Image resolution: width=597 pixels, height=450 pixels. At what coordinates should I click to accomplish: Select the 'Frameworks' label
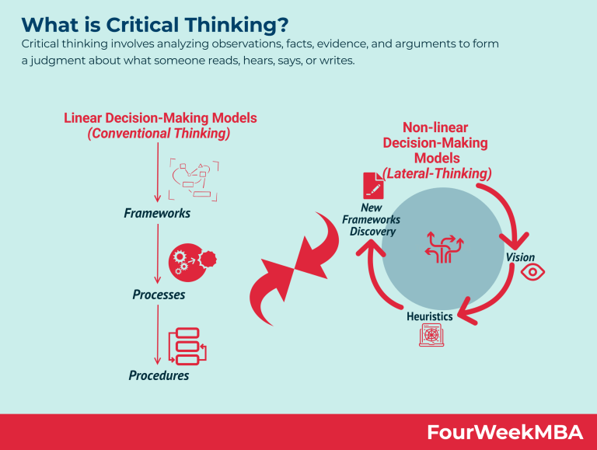coord(157,212)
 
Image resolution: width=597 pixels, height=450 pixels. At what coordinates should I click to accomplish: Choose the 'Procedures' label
coord(158,375)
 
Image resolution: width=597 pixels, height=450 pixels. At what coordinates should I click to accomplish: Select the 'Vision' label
coord(520,257)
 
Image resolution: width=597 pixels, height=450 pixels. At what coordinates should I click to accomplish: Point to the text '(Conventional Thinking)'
coord(159,133)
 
